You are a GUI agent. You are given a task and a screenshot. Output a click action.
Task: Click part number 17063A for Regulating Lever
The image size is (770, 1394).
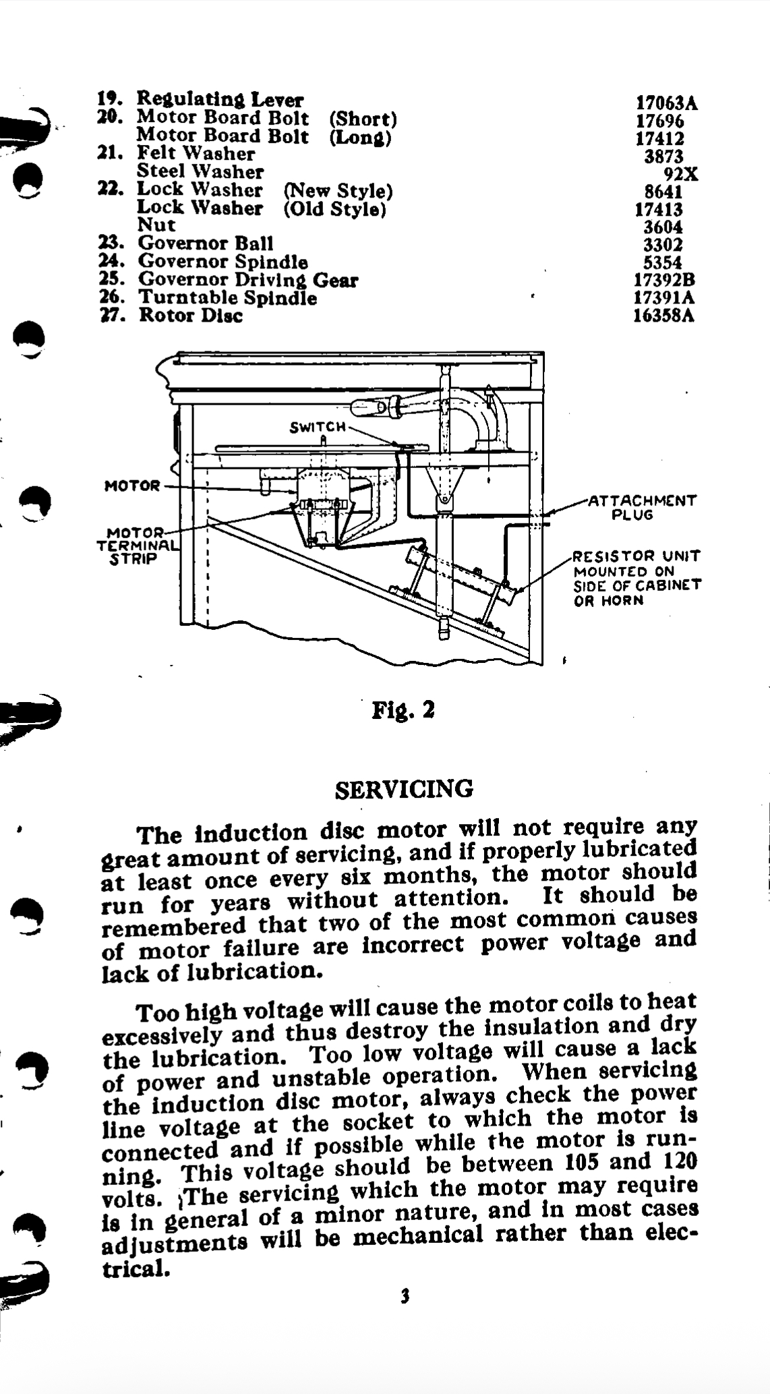[667, 103]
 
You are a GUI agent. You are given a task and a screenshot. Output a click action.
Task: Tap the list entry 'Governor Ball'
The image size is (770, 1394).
[206, 243]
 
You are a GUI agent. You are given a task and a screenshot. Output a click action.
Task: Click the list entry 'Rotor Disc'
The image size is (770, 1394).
[190, 316]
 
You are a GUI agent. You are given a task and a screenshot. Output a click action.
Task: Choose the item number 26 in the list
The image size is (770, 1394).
[109, 297]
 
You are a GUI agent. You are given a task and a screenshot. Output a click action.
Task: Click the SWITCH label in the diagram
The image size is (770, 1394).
[318, 427]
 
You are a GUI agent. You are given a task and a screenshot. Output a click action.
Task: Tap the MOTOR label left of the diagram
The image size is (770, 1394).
[132, 486]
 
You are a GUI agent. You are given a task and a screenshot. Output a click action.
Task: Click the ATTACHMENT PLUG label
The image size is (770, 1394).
[642, 507]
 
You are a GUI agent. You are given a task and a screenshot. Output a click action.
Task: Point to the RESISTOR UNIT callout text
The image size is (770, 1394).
[636, 578]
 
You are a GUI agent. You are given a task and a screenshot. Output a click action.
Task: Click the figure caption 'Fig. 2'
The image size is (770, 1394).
[403, 710]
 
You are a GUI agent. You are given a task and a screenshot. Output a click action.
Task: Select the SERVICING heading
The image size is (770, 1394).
[404, 788]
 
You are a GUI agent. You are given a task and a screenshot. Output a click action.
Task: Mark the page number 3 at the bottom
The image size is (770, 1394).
[405, 1296]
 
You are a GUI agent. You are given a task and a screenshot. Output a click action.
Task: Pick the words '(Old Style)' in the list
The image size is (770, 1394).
[335, 208]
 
